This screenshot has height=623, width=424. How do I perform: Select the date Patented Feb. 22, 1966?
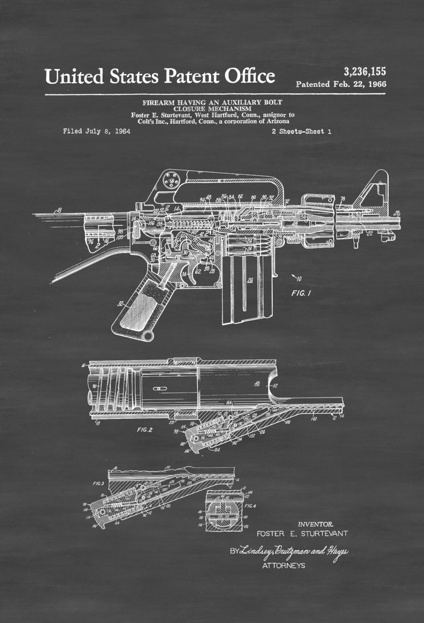[341, 84]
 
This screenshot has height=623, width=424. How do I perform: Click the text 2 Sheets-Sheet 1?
[301, 131]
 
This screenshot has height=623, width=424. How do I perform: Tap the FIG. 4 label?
[250, 504]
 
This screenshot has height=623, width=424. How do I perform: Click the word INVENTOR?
[315, 524]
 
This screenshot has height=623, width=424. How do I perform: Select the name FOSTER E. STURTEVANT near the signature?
[302, 533]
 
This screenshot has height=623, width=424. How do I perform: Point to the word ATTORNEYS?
[284, 565]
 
